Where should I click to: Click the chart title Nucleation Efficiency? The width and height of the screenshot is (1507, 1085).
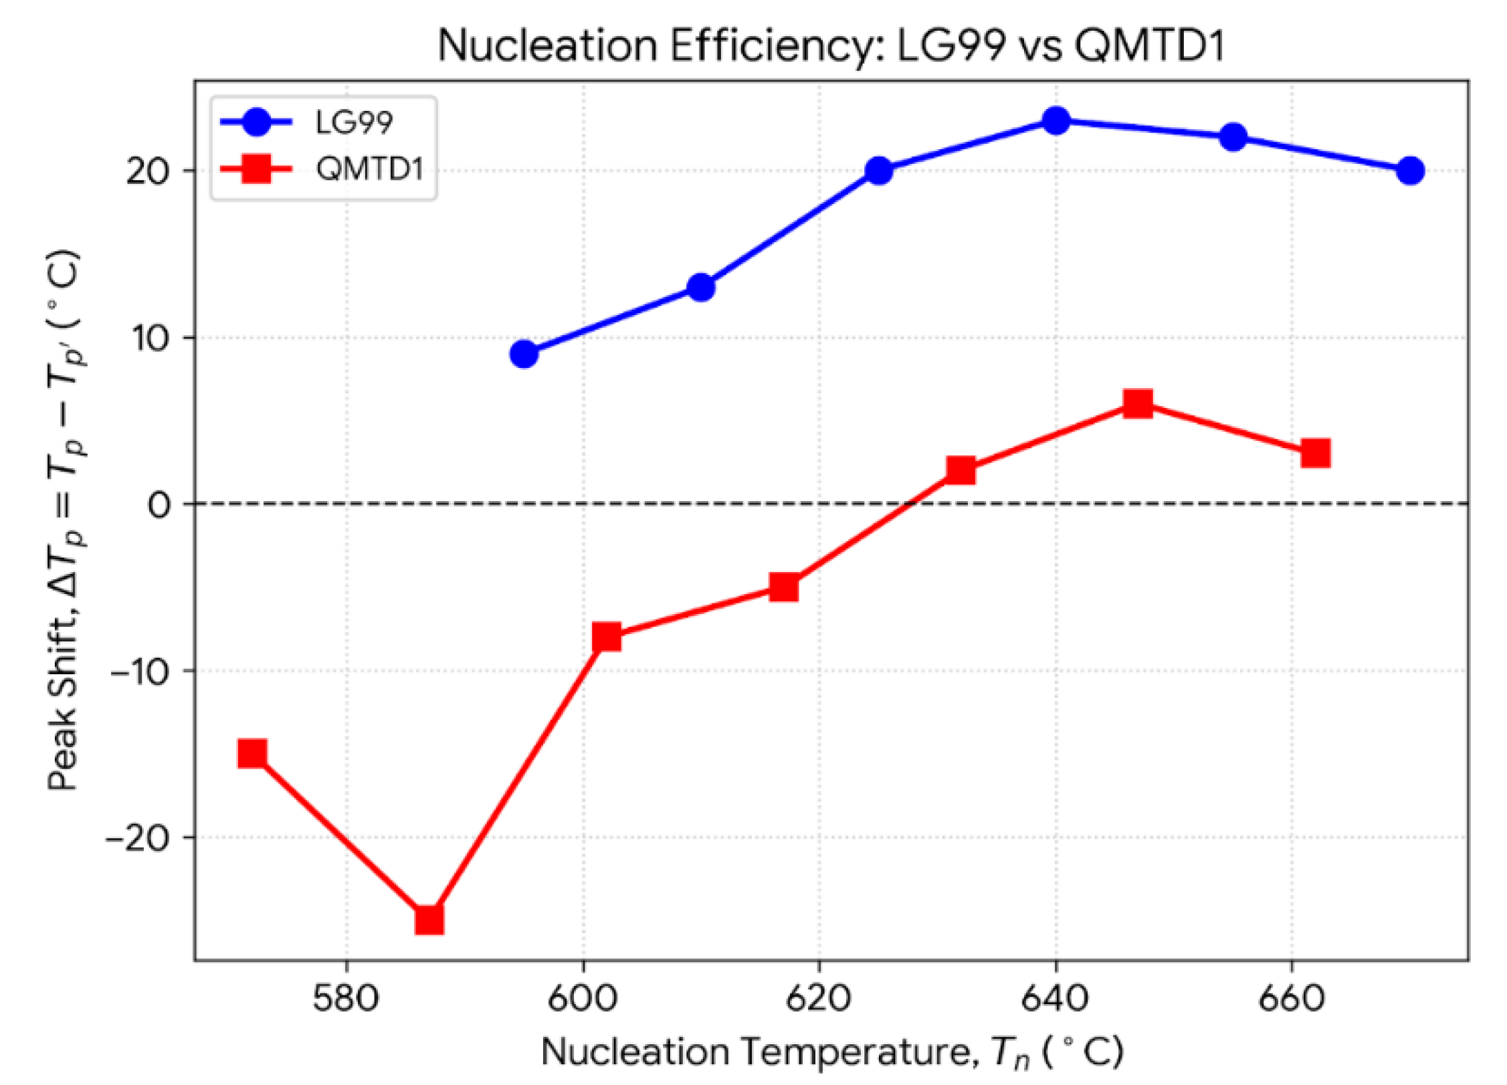click(x=831, y=45)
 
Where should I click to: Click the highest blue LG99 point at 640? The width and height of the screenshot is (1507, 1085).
click(x=1056, y=121)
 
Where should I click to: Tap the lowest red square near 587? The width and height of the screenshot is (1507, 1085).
click(x=429, y=920)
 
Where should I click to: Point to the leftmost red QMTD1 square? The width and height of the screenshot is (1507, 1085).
click(x=253, y=754)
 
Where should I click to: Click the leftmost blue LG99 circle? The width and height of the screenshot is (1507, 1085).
click(x=524, y=354)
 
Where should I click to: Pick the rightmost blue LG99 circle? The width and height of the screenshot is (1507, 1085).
click(x=1410, y=171)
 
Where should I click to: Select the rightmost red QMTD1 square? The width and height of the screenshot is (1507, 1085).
click(x=1315, y=454)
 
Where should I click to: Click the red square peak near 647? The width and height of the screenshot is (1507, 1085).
click(x=1138, y=404)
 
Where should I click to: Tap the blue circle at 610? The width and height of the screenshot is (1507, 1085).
click(x=701, y=288)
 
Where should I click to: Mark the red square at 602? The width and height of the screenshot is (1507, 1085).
click(x=607, y=637)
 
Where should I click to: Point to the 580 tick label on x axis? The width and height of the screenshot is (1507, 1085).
click(x=346, y=999)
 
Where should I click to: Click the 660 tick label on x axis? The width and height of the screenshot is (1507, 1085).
click(x=1291, y=999)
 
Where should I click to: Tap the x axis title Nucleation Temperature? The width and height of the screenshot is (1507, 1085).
click(x=831, y=1052)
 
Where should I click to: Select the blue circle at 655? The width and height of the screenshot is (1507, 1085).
click(x=1233, y=138)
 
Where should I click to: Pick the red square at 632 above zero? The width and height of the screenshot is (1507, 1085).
click(x=961, y=470)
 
